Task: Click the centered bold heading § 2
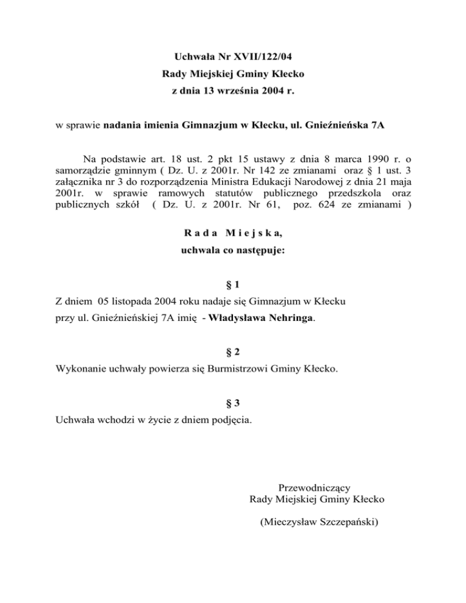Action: [x=233, y=351]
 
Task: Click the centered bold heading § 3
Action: [x=233, y=401]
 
